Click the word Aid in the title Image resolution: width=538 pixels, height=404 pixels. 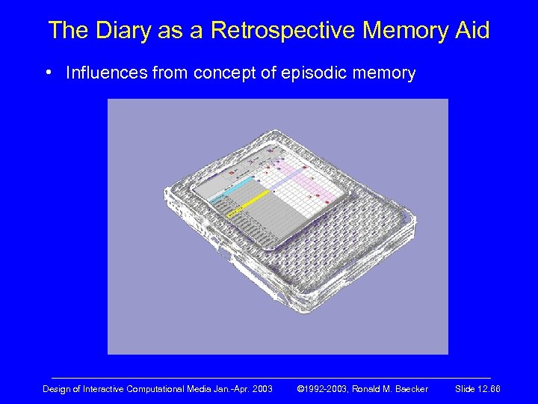[x=471, y=31]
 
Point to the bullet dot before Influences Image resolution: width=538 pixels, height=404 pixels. [x=48, y=73]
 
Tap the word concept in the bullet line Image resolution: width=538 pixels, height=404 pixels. [x=223, y=73]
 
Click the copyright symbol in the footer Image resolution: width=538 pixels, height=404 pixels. [x=301, y=389]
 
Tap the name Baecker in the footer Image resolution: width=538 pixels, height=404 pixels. [x=409, y=389]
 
